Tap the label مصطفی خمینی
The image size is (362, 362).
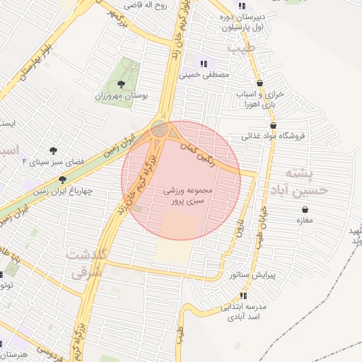coord(206,74)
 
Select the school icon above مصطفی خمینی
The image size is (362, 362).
coord(205,63)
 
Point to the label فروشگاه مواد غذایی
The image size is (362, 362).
coord(278,135)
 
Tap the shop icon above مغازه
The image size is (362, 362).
coord(305,209)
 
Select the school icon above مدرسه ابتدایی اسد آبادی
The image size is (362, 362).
coord(244,296)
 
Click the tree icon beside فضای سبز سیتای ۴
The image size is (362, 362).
coord(53,150)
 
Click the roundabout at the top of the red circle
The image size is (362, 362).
coord(159,129)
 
